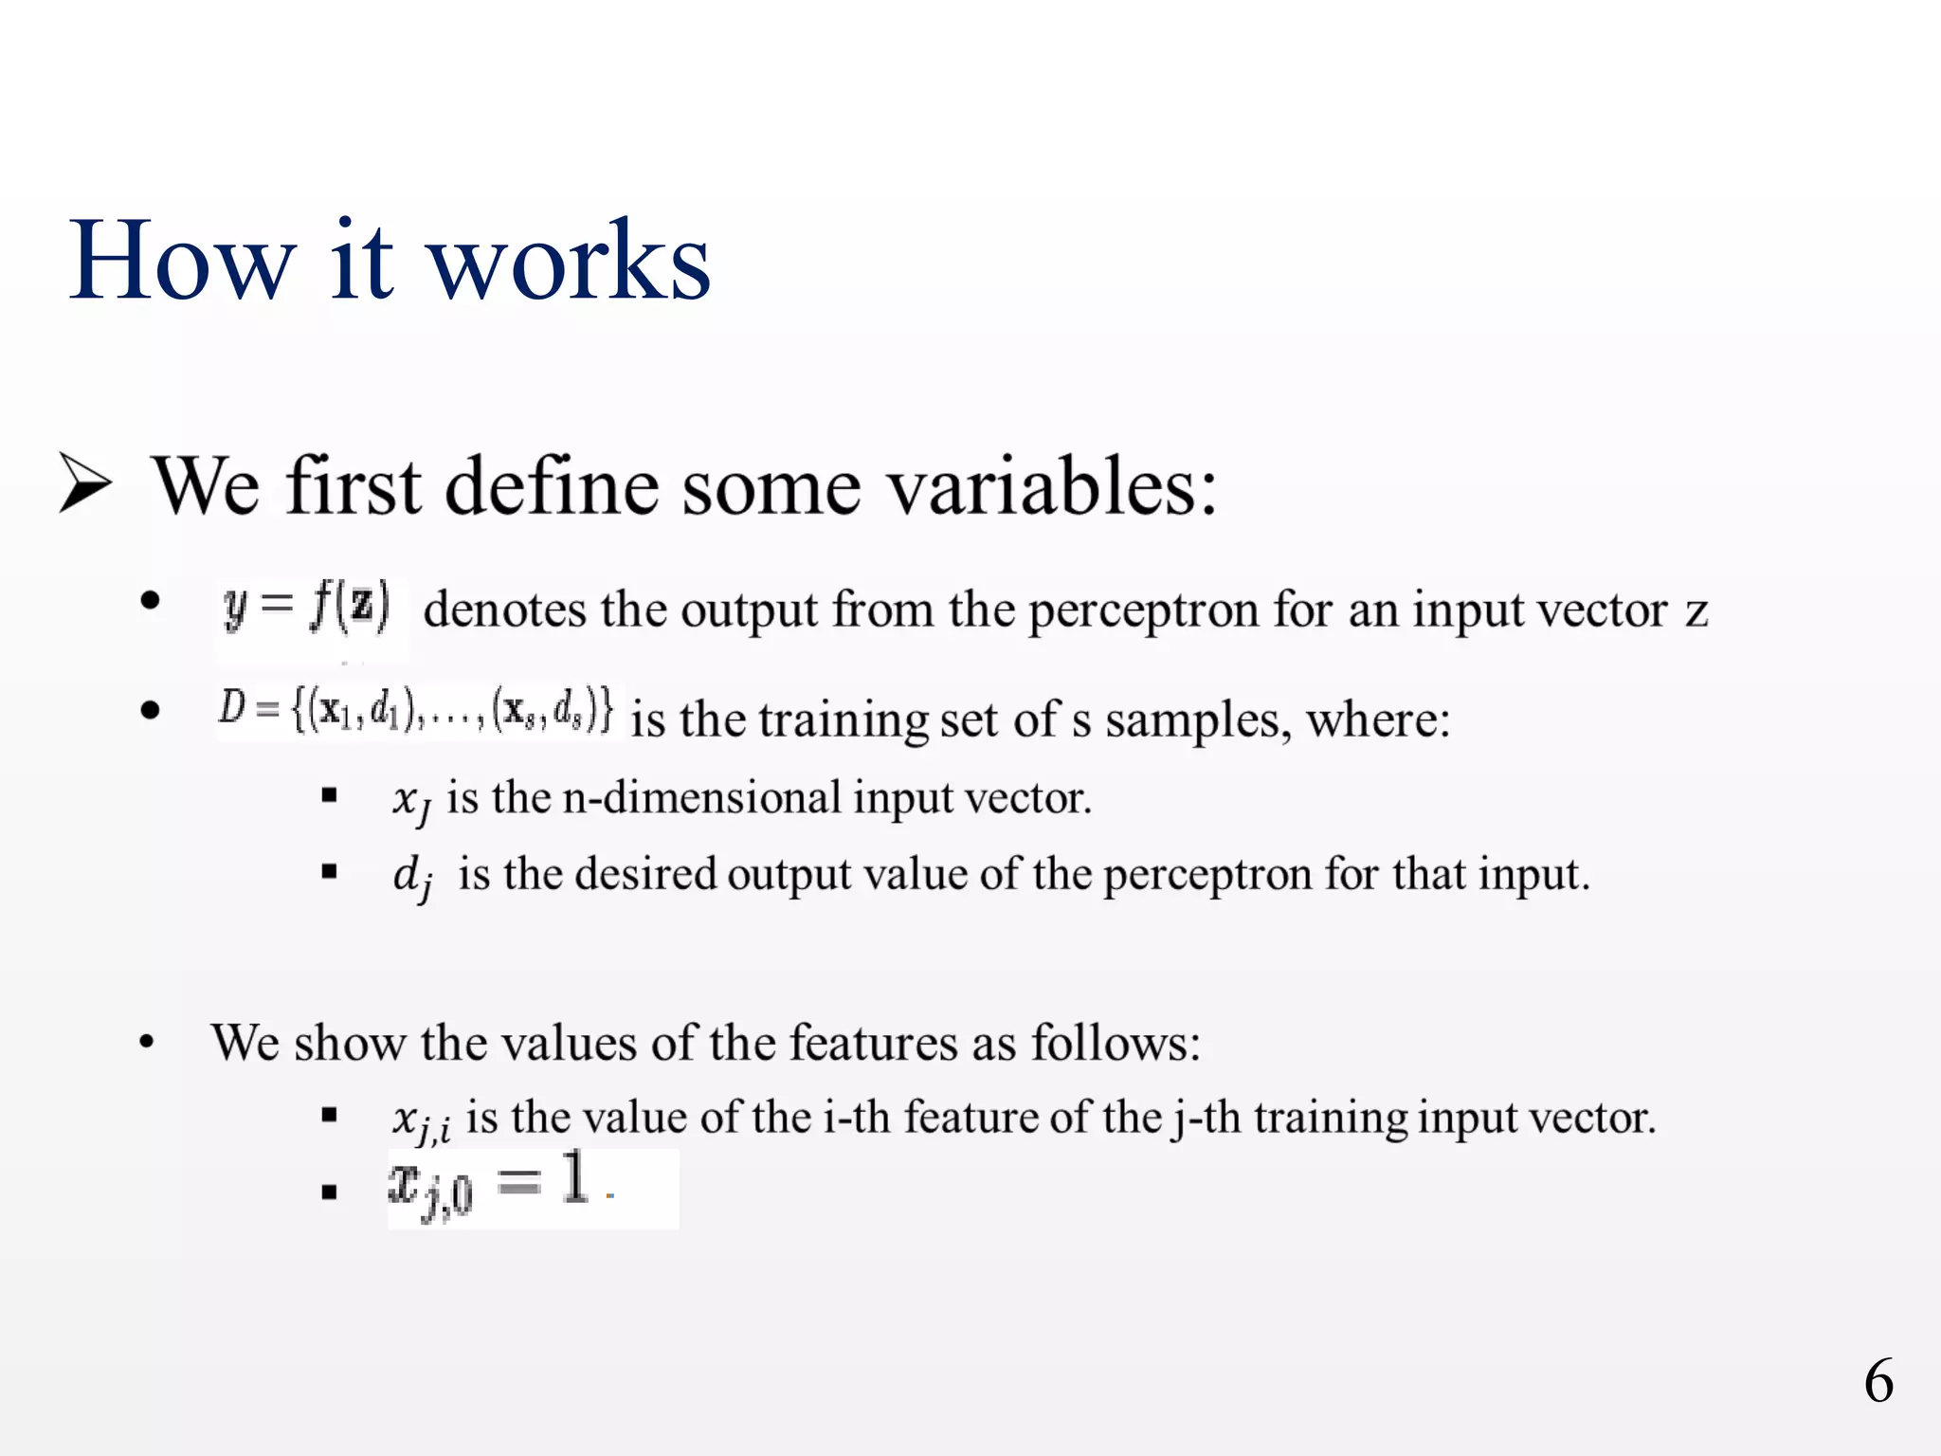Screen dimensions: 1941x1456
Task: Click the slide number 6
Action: [1878, 1381]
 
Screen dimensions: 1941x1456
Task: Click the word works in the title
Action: [570, 261]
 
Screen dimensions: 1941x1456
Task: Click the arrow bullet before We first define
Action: [85, 482]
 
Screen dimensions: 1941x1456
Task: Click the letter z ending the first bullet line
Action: [1696, 611]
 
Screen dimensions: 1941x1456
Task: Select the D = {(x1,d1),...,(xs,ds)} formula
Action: [416, 710]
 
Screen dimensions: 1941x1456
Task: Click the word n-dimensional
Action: [701, 798]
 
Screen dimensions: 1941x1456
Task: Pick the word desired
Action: [644, 874]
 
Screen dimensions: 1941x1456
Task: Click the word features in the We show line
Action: [873, 1044]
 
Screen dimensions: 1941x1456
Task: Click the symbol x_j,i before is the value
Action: [421, 1121]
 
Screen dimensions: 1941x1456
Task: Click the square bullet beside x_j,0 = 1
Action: [329, 1192]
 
